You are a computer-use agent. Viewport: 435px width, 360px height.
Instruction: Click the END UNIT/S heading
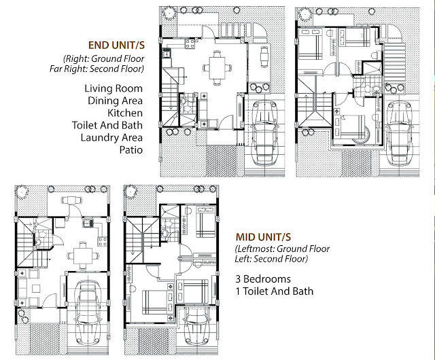click(116, 46)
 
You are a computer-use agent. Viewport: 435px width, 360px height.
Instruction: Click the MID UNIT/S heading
click(263, 237)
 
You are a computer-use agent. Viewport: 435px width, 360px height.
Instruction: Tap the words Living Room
click(114, 88)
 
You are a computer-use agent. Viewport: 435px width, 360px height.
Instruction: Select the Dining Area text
click(115, 101)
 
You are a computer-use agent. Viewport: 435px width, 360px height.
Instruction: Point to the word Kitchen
click(125, 113)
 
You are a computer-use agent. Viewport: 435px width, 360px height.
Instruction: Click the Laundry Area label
click(111, 138)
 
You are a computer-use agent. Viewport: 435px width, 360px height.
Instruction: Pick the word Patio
click(131, 149)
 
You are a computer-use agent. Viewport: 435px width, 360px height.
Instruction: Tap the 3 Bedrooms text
click(263, 278)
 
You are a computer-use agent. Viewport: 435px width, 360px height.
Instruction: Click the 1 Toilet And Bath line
click(275, 291)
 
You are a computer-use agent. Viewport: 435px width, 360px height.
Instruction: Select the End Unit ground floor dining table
click(217, 68)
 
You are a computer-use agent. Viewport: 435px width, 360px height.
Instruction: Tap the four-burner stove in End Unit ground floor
click(190, 43)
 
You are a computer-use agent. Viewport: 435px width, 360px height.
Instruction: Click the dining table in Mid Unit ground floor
click(83, 255)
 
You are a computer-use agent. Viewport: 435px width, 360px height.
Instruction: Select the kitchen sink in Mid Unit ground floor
click(88, 223)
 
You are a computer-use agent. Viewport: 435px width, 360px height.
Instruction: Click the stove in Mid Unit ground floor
click(103, 241)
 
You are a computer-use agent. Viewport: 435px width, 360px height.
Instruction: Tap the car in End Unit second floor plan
click(400, 132)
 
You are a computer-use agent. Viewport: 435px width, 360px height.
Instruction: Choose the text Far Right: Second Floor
click(97, 69)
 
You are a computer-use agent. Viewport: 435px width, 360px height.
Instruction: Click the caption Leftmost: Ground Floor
click(283, 249)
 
